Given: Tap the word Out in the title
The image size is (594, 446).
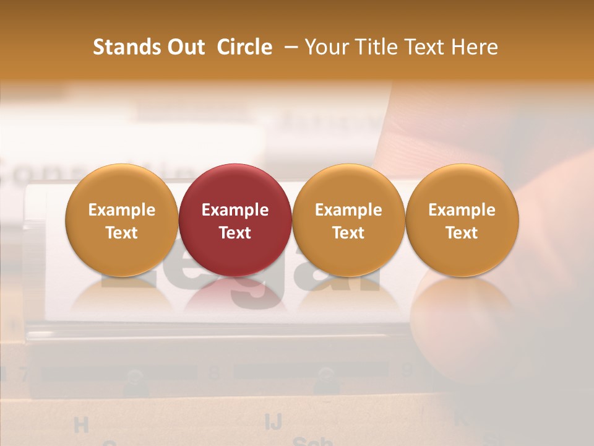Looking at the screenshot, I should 184,47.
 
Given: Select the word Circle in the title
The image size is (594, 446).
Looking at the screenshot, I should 244,47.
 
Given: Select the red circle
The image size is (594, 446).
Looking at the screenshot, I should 235,220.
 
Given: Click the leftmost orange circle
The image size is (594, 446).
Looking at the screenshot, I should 122,220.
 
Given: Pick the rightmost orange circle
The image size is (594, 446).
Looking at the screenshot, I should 462,220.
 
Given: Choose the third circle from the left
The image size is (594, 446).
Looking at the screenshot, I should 348,220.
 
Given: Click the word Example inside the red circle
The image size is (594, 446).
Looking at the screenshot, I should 235,210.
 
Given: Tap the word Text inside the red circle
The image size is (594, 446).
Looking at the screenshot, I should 235,233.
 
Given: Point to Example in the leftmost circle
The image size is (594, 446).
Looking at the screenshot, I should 122,210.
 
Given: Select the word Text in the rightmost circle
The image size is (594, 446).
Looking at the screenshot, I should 462,233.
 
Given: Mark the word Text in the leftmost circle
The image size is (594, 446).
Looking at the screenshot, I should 122,233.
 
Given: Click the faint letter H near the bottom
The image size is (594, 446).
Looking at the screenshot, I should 81,425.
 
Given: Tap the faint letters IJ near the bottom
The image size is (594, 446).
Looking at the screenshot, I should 273,421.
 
